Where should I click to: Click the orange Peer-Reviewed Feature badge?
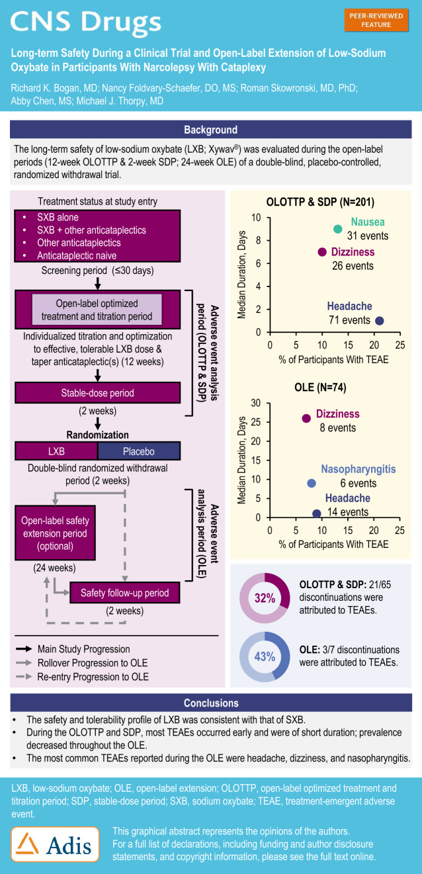pos(376,20)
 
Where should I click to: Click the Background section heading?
pos(210,130)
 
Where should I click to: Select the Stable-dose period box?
pos(98,393)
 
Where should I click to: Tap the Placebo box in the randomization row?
pos(139,451)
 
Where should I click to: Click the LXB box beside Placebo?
pos(56,451)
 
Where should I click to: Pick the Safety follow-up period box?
pos(125,593)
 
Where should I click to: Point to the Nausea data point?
pos(338,229)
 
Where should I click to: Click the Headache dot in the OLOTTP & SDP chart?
pos(380,321)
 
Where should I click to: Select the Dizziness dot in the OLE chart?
pos(306,418)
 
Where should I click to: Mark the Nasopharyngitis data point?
pos(312,483)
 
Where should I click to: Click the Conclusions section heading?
pos(210,703)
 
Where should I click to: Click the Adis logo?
pos(56,844)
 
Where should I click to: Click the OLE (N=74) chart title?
pos(320,387)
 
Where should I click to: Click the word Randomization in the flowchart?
pos(97,435)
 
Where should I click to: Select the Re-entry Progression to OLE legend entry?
pos(93,676)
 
